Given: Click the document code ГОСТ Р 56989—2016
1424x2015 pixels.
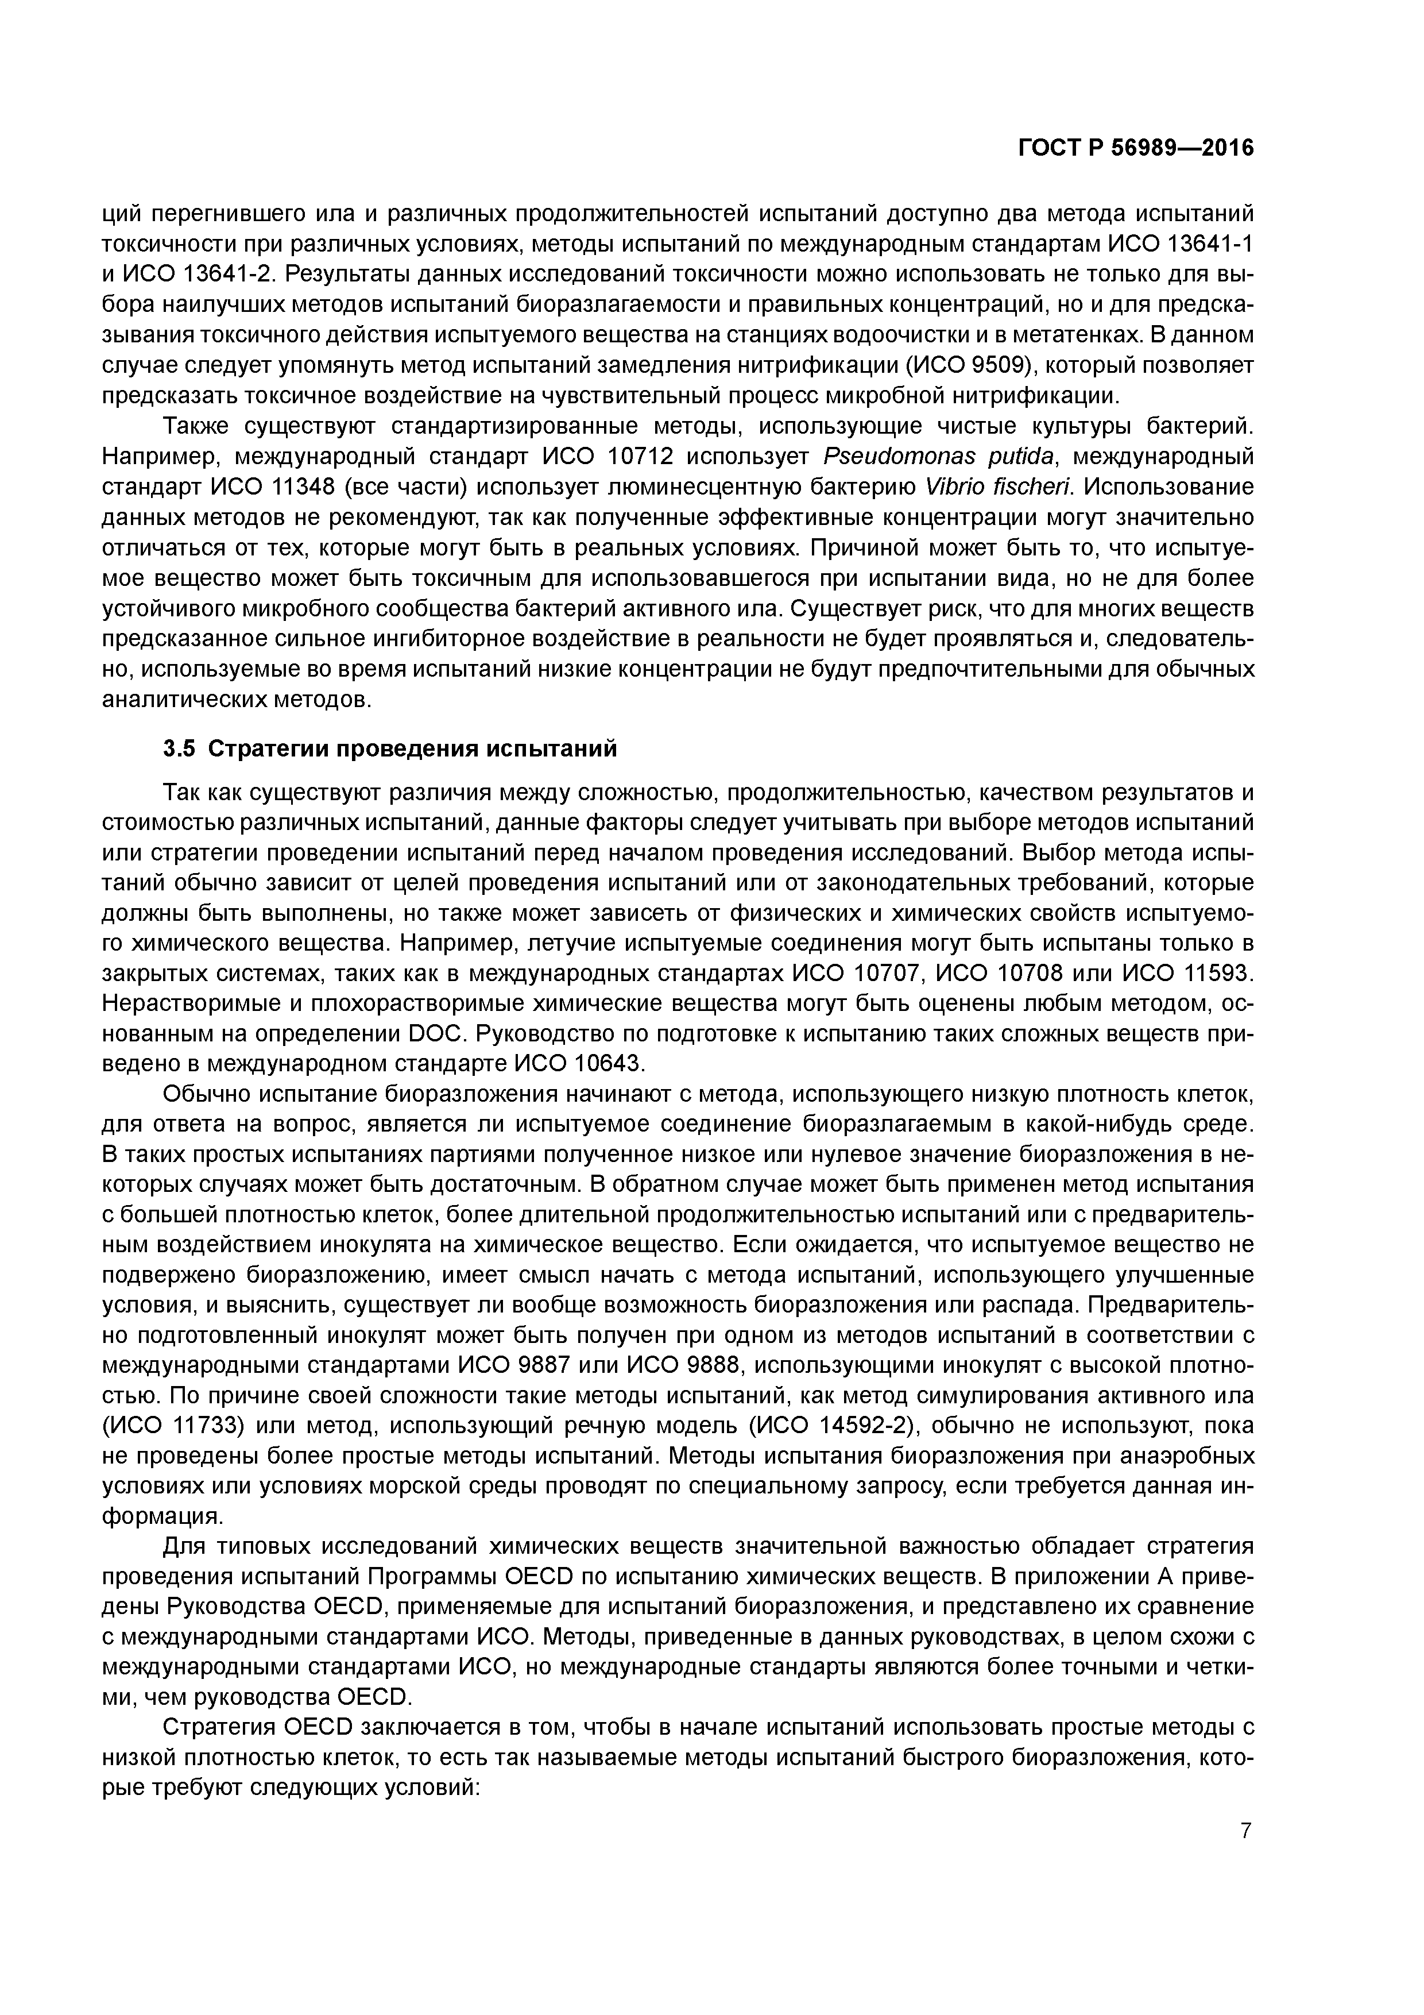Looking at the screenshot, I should click(x=1135, y=148).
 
